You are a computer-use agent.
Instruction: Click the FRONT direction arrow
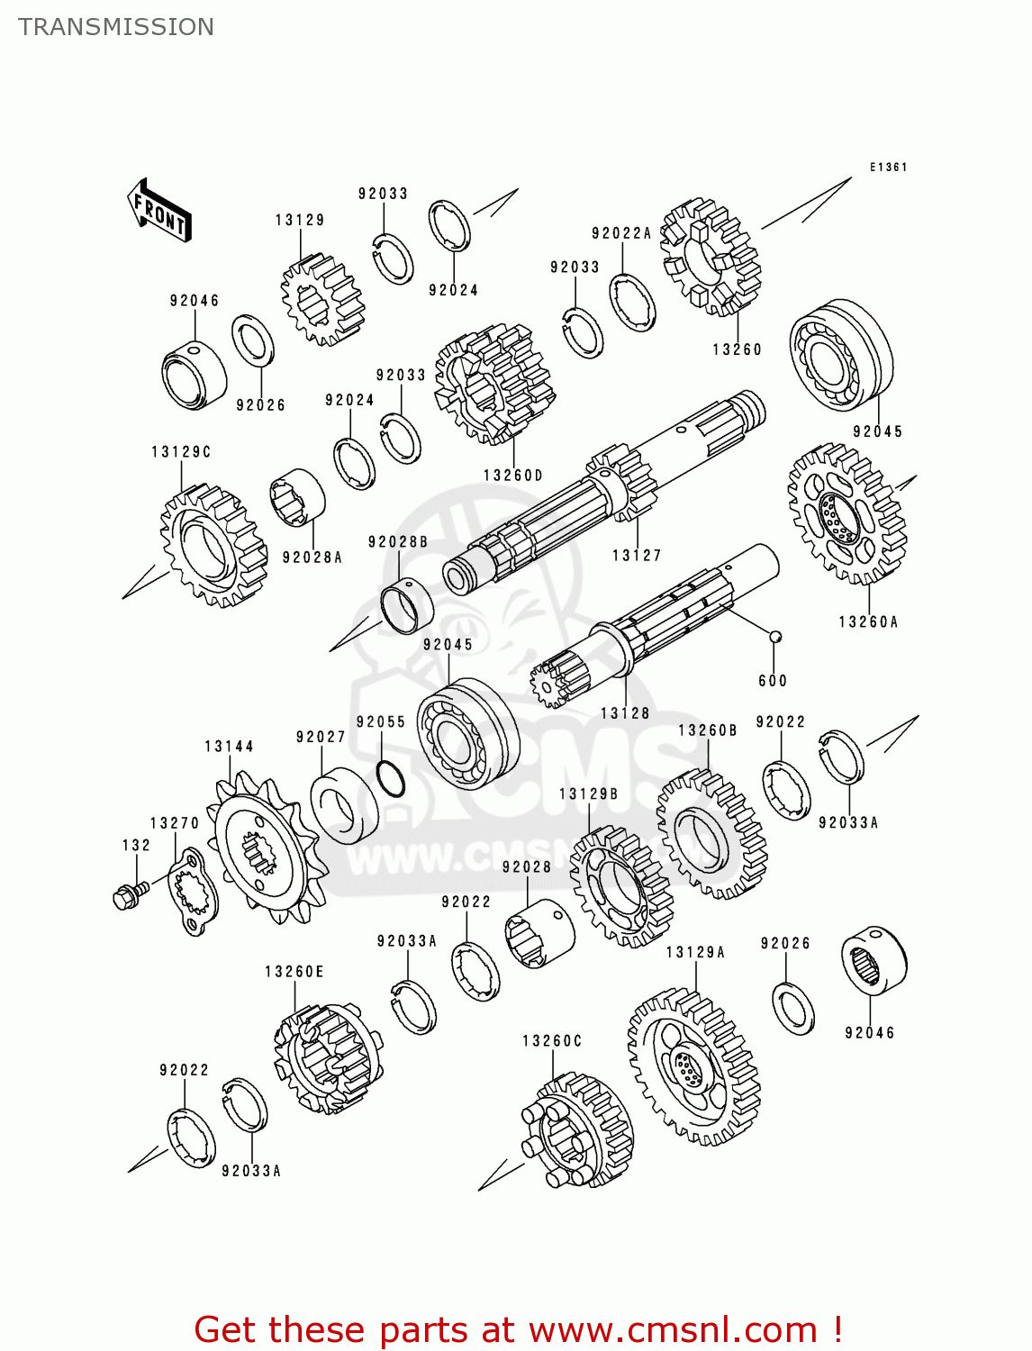(159, 211)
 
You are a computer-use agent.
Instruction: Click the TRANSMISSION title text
(116, 27)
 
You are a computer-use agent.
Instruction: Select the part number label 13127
(637, 556)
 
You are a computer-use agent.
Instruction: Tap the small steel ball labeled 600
(774, 637)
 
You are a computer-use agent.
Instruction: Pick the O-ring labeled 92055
(390, 779)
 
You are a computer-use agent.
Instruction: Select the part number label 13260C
(552, 1041)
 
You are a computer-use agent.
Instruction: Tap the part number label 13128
(625, 713)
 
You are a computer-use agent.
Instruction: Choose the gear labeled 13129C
(213, 546)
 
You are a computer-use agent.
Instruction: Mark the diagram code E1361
(888, 168)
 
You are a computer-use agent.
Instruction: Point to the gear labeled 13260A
(846, 514)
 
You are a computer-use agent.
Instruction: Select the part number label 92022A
(621, 233)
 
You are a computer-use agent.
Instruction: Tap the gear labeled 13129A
(694, 1067)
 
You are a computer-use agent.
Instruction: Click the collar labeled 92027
(344, 805)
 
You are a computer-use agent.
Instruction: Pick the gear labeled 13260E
(328, 1058)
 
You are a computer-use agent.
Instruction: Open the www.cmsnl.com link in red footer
(672, 1330)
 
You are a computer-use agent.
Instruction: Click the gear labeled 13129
(321, 299)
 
